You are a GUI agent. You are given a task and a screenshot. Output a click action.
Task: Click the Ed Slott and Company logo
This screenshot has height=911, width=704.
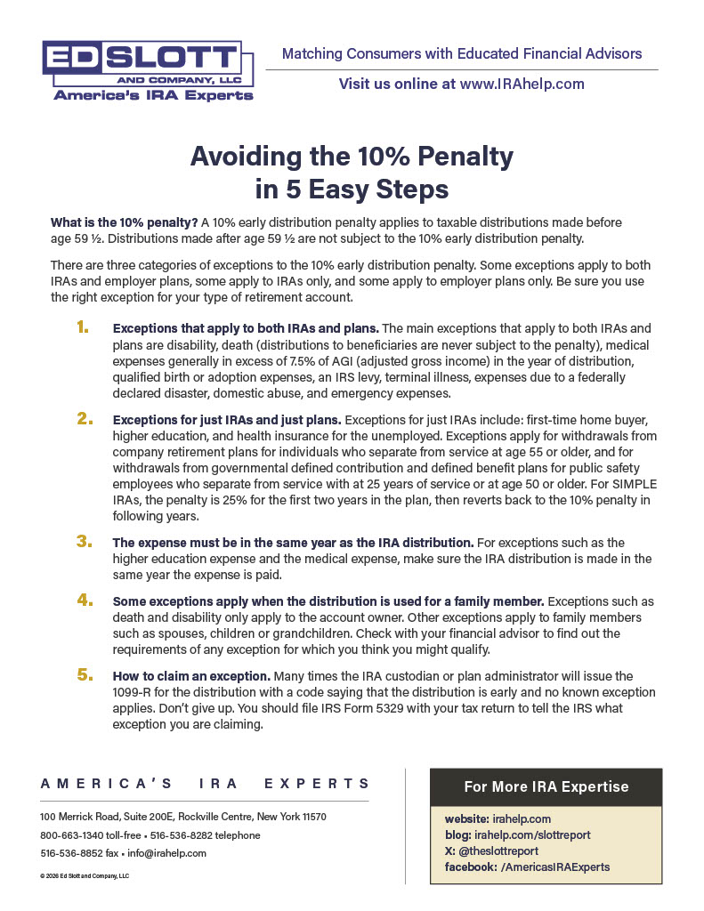(x=148, y=70)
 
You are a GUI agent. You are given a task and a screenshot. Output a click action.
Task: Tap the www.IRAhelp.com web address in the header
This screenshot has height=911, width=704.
(x=522, y=84)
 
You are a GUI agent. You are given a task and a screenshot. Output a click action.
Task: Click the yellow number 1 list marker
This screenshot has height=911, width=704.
(x=83, y=328)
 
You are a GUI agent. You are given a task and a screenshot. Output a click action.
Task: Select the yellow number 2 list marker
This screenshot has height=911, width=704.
(x=84, y=418)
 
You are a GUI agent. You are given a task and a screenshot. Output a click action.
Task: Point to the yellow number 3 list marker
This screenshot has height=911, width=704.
(x=84, y=541)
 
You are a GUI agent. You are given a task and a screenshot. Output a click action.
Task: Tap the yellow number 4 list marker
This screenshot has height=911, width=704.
(x=84, y=601)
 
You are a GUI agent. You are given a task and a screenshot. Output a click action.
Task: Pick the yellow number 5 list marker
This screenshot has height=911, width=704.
(x=84, y=675)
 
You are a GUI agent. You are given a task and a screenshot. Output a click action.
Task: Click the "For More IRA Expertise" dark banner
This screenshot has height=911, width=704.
(x=546, y=786)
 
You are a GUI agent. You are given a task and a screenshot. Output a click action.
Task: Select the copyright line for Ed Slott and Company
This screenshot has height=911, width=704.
(x=85, y=875)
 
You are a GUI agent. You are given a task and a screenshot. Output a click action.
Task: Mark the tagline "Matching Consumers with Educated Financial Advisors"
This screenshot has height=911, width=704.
(x=461, y=54)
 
